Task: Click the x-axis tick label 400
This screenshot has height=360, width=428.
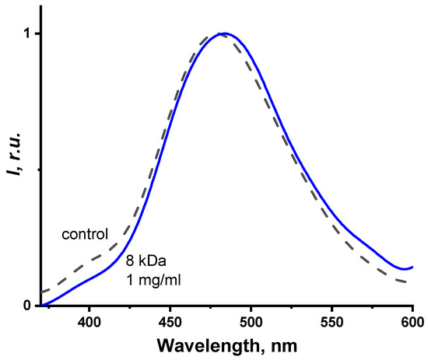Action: [x=89, y=320]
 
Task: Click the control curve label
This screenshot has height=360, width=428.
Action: [x=84, y=232]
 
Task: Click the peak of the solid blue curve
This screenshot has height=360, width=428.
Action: [x=224, y=33]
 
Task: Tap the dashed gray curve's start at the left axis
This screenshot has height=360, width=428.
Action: [x=40, y=292]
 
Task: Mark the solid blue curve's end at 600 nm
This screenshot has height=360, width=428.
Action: [x=412, y=267]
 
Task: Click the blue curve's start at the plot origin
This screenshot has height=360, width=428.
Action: [x=42, y=305]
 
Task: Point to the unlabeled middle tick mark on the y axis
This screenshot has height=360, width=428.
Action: [x=37, y=170]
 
